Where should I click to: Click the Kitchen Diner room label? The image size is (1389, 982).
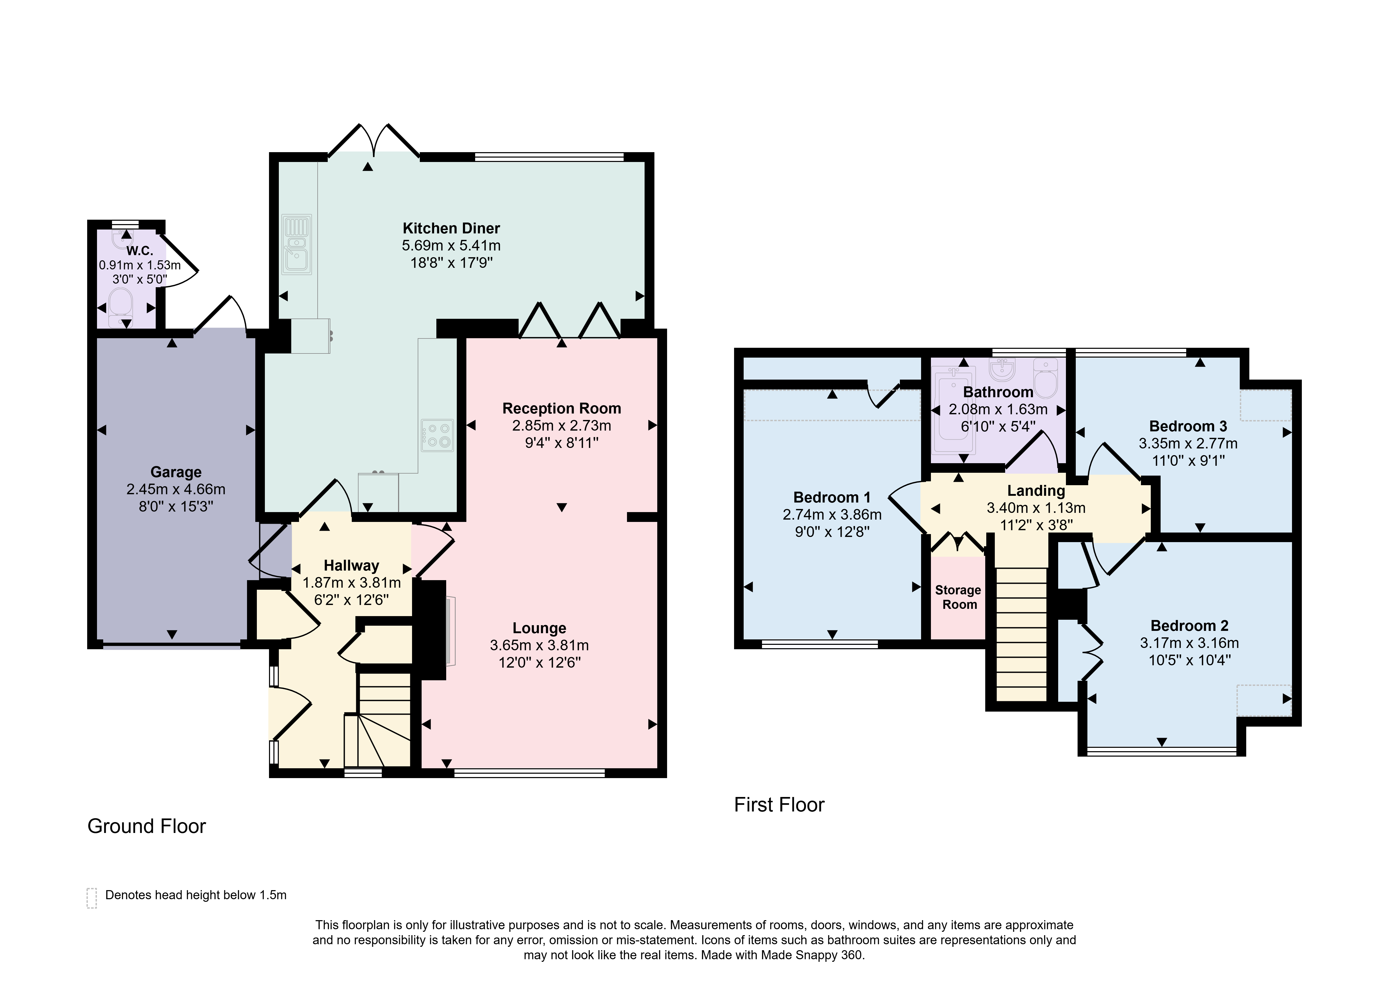pyautogui.click(x=451, y=228)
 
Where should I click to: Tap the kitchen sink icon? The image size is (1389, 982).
pyautogui.click(x=296, y=245)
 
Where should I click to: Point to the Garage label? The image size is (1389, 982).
pyautogui.click(x=176, y=472)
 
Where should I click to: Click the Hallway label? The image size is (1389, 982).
pyautogui.click(x=352, y=566)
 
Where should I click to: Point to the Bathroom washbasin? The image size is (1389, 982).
pyautogui.click(x=1002, y=369)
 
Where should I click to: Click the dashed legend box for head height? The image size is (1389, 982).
pyautogui.click(x=92, y=898)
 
